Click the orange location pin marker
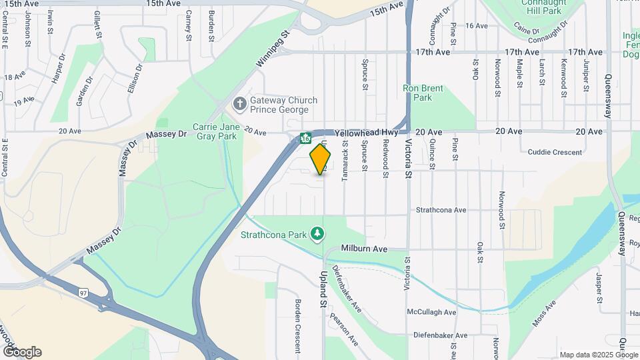tap(321, 159)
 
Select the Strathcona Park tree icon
tap(319, 234)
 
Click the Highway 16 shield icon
tap(305, 139)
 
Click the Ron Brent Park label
tap(418, 93)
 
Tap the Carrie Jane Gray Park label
tap(215, 131)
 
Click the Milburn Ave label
tap(364, 249)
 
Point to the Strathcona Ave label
tap(441, 210)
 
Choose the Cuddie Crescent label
tap(555, 152)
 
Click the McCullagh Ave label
tap(431, 312)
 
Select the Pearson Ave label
tap(345, 329)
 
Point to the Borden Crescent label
tap(298, 325)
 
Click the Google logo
tap(22, 352)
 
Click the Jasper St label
tap(599, 292)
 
